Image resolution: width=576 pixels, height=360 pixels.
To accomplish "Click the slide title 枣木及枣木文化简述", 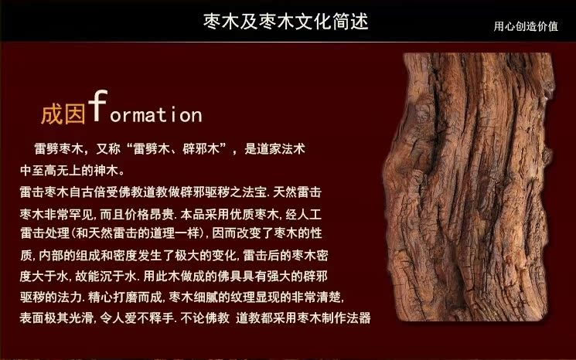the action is coord(286,22).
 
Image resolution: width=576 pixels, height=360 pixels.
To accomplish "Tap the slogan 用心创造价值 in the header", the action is coord(526,26).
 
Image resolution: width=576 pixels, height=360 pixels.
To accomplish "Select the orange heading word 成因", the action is coord(63,114).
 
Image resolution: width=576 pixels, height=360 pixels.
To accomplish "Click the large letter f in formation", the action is coord(97,106).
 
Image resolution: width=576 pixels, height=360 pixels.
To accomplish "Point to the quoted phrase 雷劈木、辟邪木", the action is coord(176,148).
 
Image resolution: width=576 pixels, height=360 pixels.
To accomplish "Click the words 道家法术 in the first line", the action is coord(281,148).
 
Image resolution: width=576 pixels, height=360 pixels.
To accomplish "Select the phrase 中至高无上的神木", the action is coord(69,170).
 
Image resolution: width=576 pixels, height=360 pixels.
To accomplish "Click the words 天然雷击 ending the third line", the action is coord(297,192).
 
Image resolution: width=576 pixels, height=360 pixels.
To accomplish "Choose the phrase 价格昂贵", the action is coord(148,214).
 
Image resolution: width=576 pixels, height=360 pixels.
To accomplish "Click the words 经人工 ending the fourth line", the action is coord(303,214).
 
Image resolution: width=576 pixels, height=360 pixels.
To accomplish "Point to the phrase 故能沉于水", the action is coord(106,276).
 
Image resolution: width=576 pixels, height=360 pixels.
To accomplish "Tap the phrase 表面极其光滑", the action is coord(56,318).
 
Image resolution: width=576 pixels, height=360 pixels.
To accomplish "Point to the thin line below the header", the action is coord(288,42).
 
